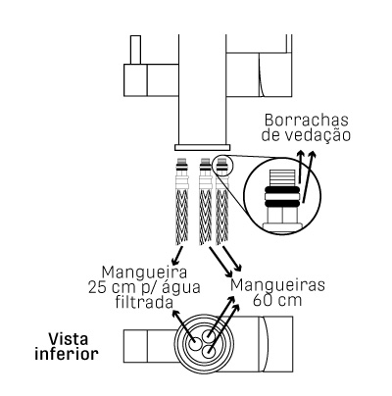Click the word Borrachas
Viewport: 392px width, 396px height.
tap(306, 121)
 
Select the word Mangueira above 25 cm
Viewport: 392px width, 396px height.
tap(144, 272)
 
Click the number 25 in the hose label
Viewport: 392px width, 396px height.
tap(96, 288)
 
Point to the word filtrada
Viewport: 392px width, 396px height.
tap(144, 302)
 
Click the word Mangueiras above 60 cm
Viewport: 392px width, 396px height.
tap(277, 285)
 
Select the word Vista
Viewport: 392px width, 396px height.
tap(69, 339)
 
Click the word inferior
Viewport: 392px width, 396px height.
tap(67, 354)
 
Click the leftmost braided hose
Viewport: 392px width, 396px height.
tap(182, 202)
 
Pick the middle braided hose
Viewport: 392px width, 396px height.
tap(206, 202)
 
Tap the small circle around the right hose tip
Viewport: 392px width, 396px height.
tap(222, 166)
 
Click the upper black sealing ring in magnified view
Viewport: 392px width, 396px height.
tap(282, 190)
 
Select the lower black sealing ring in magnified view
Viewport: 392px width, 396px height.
tap(282, 203)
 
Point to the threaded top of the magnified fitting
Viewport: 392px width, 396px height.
tap(282, 178)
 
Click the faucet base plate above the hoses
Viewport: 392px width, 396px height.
tap(202, 147)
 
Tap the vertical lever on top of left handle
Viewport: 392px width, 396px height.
tap(135, 49)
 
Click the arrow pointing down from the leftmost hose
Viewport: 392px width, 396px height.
tap(178, 255)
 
